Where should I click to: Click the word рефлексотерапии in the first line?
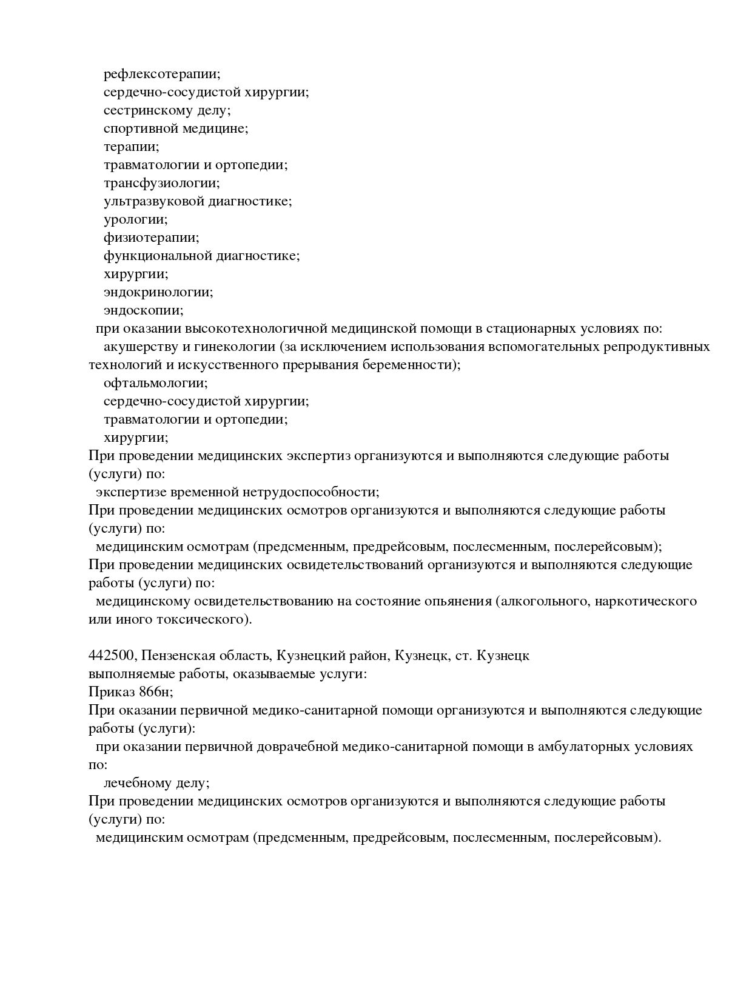tap(162, 74)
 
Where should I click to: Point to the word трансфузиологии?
tap(161, 183)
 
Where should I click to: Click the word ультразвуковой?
tap(153, 201)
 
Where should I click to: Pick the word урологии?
tap(135, 219)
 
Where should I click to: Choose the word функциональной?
tap(158, 256)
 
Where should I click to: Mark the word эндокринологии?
tap(158, 292)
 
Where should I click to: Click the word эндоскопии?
tap(143, 310)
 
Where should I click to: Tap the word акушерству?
tap(139, 347)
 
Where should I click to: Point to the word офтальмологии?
tap(155, 383)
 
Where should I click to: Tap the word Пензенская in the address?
tap(178, 656)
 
